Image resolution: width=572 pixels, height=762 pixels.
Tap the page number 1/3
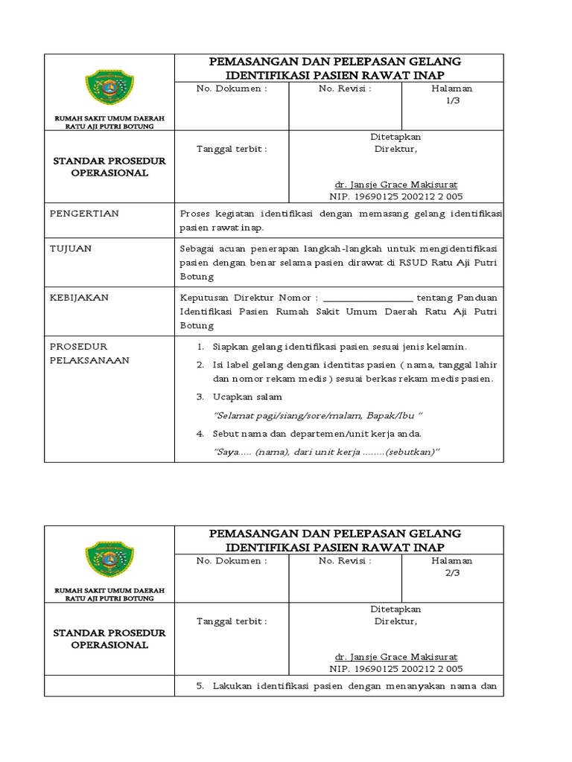(x=452, y=101)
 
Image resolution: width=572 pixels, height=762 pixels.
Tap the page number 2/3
(x=452, y=573)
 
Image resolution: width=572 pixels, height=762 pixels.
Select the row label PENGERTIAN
(x=83, y=214)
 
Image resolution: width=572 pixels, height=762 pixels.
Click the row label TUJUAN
(x=70, y=249)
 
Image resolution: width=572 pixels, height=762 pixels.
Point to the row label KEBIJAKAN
(x=79, y=297)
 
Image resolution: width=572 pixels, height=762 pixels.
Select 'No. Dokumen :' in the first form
(x=231, y=89)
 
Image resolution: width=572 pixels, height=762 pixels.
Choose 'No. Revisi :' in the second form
(x=344, y=560)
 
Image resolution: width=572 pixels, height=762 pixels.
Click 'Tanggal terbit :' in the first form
(x=231, y=148)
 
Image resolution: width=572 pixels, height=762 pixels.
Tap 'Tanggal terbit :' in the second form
(x=231, y=620)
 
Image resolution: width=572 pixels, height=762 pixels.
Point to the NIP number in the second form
(x=395, y=669)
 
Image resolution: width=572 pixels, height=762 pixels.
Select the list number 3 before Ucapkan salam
(x=200, y=397)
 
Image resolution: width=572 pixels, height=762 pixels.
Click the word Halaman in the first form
(x=451, y=89)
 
